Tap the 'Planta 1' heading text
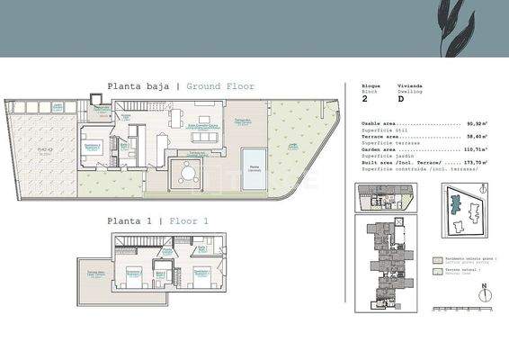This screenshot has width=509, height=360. (x=130, y=220)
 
